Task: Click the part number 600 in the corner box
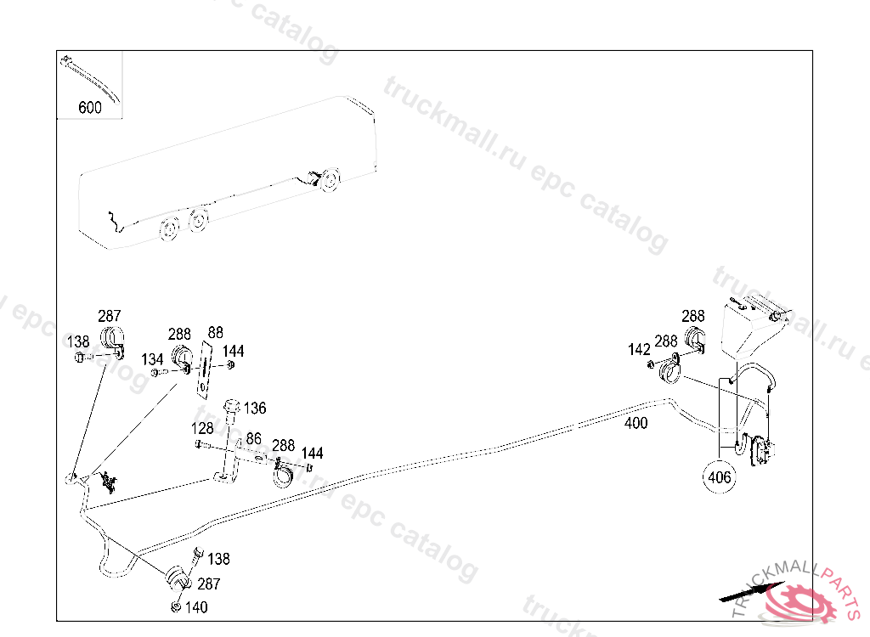point(89,108)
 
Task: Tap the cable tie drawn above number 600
point(92,77)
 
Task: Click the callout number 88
point(215,332)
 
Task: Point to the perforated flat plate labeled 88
point(205,368)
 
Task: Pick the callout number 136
point(255,409)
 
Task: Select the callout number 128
point(202,427)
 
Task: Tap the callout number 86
point(253,438)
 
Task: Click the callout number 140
point(195,607)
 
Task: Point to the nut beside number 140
point(175,606)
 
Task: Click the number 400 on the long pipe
point(636,422)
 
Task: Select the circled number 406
point(719,477)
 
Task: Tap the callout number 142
point(639,349)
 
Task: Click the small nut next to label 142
point(652,364)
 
